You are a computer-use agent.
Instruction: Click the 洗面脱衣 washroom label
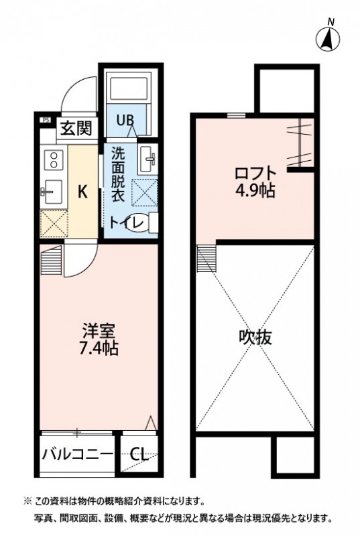pyautogui.click(x=118, y=174)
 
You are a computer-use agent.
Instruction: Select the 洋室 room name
pyautogui.click(x=100, y=331)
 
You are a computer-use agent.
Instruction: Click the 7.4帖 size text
pyautogui.click(x=100, y=348)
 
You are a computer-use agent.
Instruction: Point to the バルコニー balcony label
pyautogui.click(x=78, y=454)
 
